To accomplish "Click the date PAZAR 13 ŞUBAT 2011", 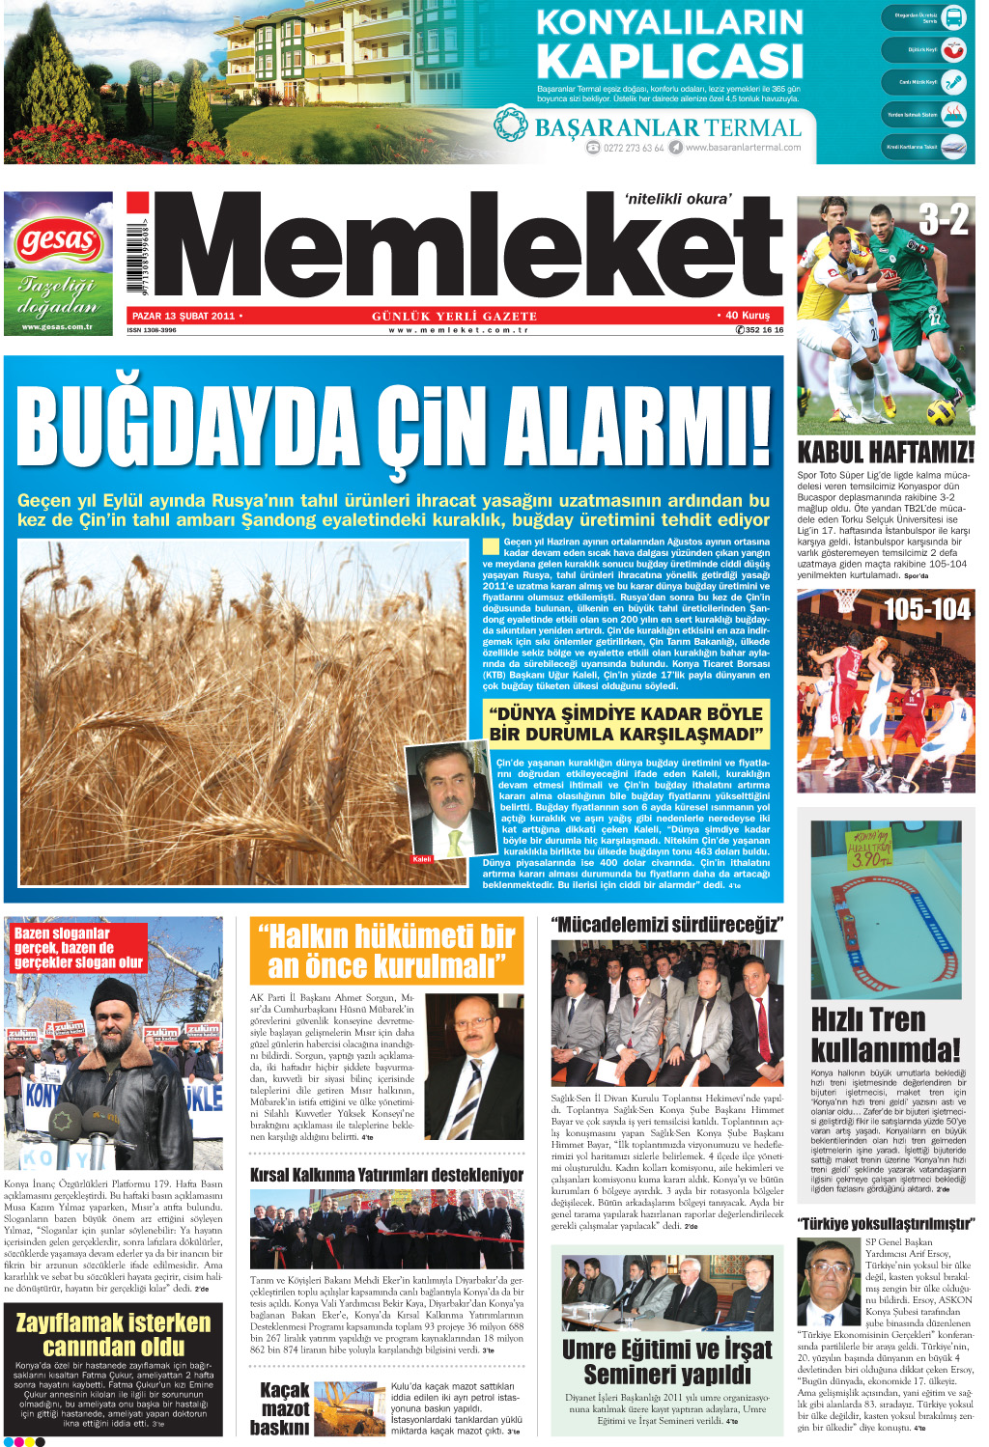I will pyautogui.click(x=184, y=316).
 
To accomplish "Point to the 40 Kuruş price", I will pyautogui.click(x=745, y=315).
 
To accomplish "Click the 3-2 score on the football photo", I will pyautogui.click(x=943, y=220).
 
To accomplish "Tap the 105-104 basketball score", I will pyautogui.click(x=927, y=609).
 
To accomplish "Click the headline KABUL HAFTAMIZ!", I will pyautogui.click(x=885, y=452).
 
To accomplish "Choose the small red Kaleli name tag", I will pyautogui.click(x=422, y=859).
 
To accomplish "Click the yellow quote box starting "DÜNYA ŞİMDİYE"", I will pyautogui.click(x=626, y=724).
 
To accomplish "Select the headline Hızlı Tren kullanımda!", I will pyautogui.click(x=885, y=1034).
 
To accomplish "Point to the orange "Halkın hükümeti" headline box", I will pyautogui.click(x=386, y=951).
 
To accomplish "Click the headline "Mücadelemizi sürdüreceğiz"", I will pyautogui.click(x=666, y=925).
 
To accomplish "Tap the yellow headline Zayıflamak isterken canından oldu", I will pyautogui.click(x=113, y=1334).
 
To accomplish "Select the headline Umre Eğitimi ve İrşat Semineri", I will pyautogui.click(x=666, y=1361).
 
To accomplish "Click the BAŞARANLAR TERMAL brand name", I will pyautogui.click(x=666, y=127).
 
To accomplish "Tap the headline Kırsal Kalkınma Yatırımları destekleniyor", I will pyautogui.click(x=386, y=1175).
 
